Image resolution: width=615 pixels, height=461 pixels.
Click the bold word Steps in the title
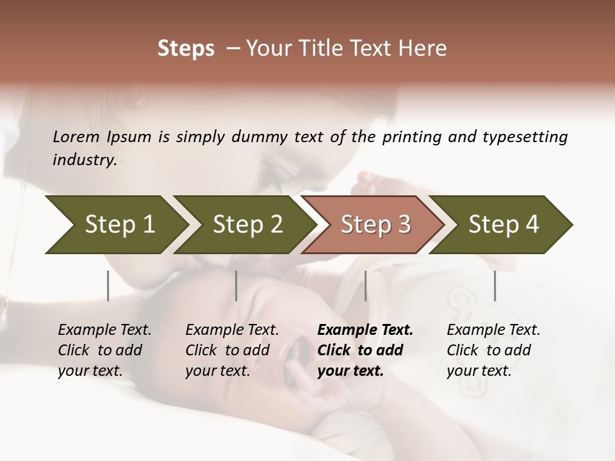point(186,49)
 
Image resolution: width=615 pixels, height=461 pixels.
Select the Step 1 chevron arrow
point(115,224)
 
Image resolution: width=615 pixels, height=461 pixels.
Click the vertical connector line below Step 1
point(108,286)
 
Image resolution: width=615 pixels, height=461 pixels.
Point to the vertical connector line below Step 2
point(236,286)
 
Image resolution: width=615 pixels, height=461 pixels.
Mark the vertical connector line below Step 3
point(366,286)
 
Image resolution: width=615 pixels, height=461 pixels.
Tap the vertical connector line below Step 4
point(495,286)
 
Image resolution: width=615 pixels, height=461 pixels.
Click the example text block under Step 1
point(104,350)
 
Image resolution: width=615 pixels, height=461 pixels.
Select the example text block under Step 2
point(232,350)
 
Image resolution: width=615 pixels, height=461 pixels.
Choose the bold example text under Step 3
point(365,350)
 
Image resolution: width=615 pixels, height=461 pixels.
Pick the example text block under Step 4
point(493,350)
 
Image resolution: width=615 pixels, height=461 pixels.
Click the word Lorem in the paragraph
point(76,136)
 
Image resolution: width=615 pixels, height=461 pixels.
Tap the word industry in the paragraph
point(85,159)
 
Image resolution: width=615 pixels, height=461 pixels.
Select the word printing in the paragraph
point(412,136)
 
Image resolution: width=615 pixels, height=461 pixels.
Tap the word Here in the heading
point(423,49)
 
